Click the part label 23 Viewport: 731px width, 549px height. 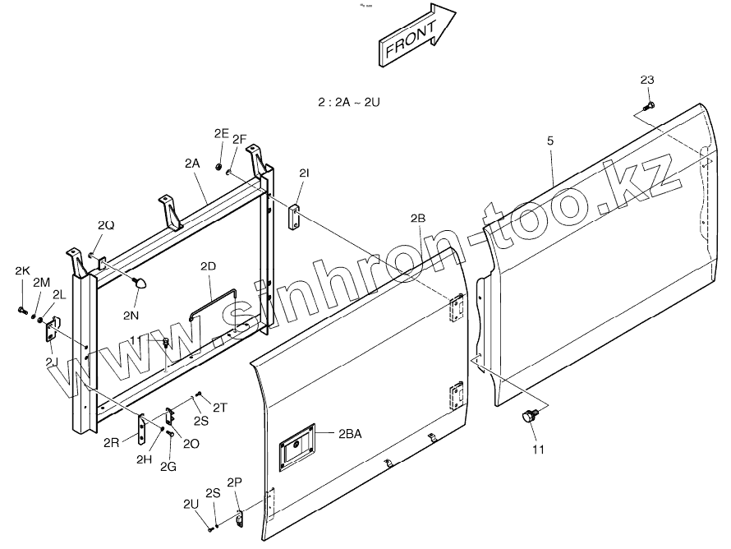pyautogui.click(x=647, y=80)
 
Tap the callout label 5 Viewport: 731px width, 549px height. pyautogui.click(x=550, y=141)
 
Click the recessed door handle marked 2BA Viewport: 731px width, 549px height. pyautogui.click(x=296, y=448)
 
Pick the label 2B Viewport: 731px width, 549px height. pyautogui.click(x=417, y=218)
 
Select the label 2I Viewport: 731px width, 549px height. pyautogui.click(x=304, y=173)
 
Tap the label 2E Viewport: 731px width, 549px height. pyautogui.click(x=221, y=133)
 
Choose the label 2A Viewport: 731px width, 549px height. pyautogui.click(x=192, y=164)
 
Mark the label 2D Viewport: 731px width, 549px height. pyautogui.click(x=208, y=266)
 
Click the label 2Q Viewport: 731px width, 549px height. pyautogui.click(x=106, y=225)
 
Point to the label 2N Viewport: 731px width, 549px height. pyautogui.click(x=131, y=316)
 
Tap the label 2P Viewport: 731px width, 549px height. pyautogui.click(x=234, y=482)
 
